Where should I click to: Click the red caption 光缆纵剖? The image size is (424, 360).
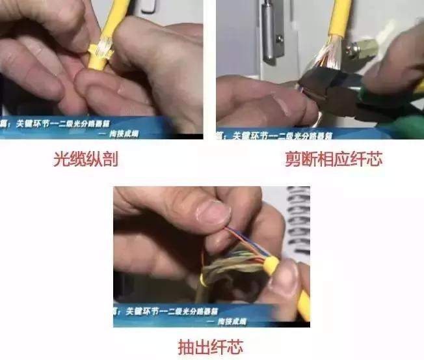point(85,159)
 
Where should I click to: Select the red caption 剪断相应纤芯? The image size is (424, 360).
point(334,159)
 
